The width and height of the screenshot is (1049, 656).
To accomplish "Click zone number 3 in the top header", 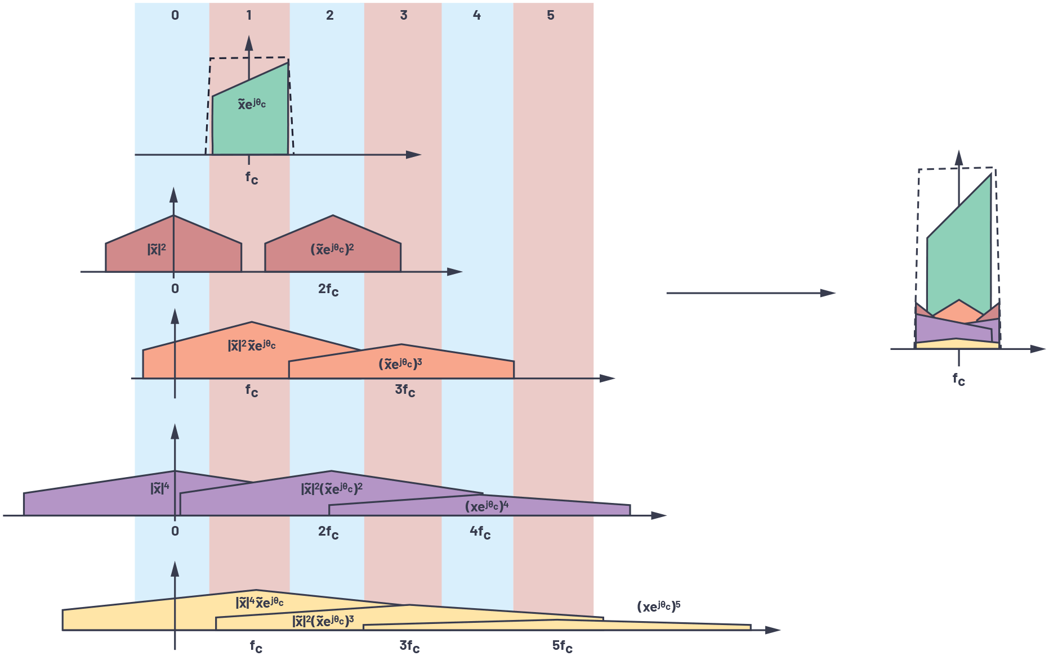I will coord(404,15).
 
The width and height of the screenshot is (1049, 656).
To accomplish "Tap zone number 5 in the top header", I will coord(551,15).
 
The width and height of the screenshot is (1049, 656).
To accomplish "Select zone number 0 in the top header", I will coord(175,15).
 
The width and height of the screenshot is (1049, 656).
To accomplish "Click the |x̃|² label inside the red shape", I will coord(157,249).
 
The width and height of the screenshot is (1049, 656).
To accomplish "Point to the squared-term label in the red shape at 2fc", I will coord(332,249).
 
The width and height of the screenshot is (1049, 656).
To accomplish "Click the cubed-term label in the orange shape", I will coord(400,364).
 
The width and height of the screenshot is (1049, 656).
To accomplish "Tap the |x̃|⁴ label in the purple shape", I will coord(160,488).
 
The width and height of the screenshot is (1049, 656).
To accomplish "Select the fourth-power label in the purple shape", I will coord(486,506).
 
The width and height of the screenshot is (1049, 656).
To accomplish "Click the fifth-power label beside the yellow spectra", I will coord(659,606).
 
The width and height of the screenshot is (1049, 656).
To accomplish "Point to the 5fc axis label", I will coord(562,646).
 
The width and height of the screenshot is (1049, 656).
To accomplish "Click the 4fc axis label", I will coord(480,532).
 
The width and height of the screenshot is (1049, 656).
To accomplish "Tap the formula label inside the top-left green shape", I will coord(252,104).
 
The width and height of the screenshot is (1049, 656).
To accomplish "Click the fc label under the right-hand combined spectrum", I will coord(958,380).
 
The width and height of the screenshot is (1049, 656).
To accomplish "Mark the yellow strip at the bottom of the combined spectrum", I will coord(957,344).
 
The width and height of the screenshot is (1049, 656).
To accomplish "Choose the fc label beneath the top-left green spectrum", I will coord(252,178).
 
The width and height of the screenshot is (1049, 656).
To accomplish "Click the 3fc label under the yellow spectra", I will coord(409,646).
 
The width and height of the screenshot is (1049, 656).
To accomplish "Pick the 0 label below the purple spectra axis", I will coord(175,531).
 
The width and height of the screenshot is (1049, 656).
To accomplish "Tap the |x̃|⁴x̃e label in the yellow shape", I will coord(260,603).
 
